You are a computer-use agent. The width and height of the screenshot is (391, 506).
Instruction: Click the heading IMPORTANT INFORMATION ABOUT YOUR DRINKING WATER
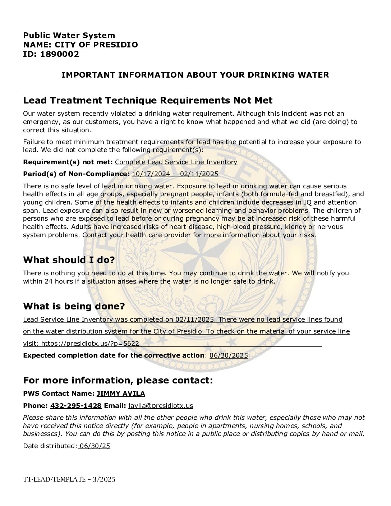(195, 75)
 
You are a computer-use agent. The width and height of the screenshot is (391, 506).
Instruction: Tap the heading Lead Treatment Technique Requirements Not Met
(148, 100)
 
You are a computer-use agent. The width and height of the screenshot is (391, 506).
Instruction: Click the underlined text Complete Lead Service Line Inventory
(176, 162)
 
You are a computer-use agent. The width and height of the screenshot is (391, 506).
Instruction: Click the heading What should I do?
(69, 260)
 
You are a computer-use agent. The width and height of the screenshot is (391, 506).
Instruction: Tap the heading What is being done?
(74, 306)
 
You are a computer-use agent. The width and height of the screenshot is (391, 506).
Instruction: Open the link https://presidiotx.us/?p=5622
(90, 343)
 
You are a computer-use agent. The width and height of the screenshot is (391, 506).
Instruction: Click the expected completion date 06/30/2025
(229, 355)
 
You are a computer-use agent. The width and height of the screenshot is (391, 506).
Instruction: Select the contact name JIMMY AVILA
(121, 394)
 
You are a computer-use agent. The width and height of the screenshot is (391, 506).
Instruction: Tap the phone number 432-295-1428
(76, 406)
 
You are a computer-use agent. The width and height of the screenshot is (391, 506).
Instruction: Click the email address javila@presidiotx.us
(161, 406)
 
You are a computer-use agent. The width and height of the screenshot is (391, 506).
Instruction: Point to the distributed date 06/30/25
(95, 446)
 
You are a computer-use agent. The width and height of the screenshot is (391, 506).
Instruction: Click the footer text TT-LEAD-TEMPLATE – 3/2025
(69, 479)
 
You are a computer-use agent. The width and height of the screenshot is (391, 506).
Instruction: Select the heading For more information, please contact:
(118, 380)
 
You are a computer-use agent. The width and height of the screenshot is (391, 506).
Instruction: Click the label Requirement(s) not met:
(68, 162)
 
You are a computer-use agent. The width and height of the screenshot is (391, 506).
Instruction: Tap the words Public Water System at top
(69, 35)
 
